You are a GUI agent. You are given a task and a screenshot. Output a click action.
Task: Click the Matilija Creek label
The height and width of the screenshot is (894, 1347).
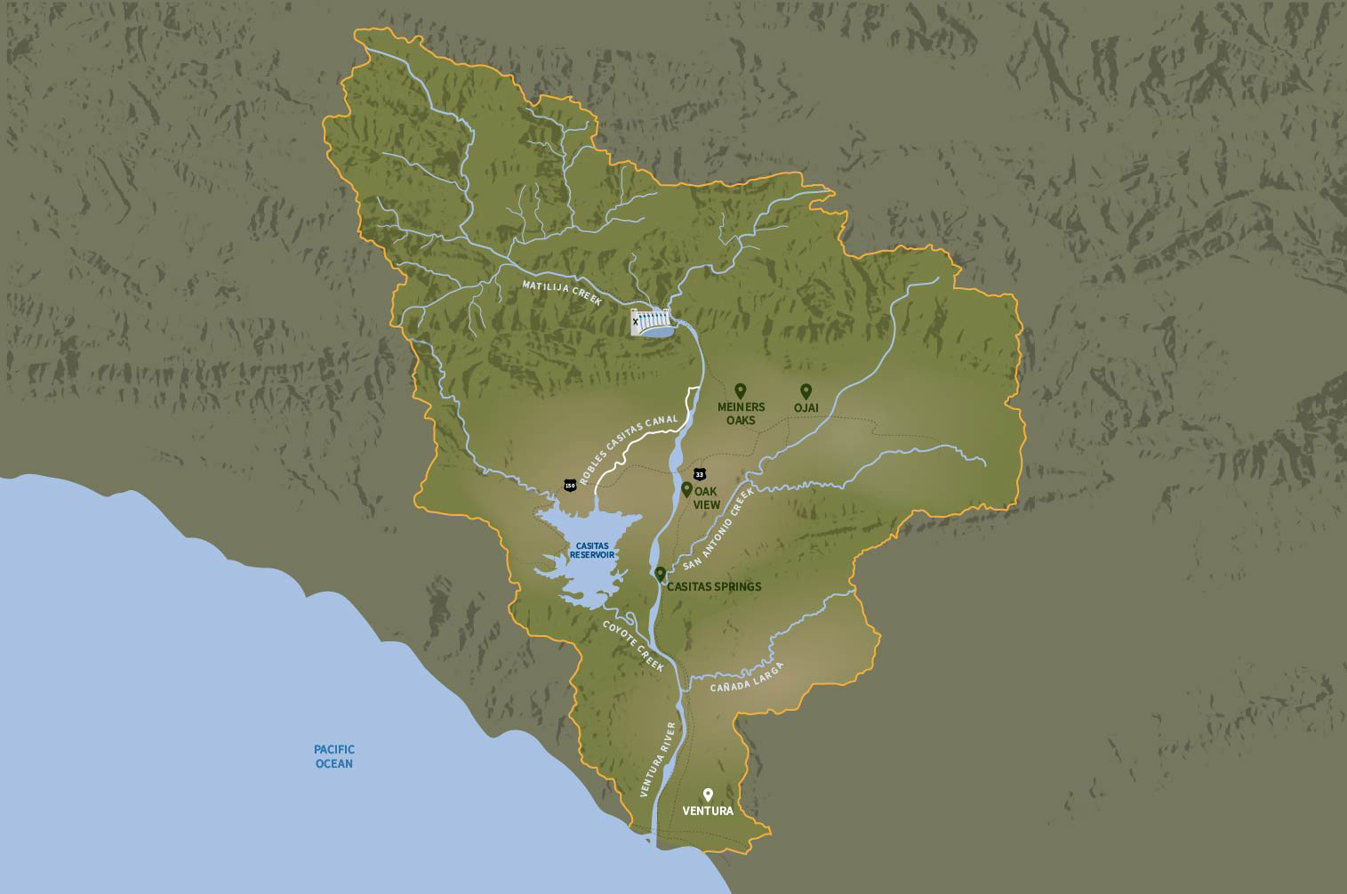pos(562,290)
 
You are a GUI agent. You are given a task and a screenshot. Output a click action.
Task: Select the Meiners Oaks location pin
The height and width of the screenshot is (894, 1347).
pos(740,391)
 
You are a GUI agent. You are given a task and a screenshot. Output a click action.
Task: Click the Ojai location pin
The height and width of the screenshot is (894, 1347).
pos(806,391)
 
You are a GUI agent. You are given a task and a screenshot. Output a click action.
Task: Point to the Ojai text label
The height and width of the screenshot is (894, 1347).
pos(806,408)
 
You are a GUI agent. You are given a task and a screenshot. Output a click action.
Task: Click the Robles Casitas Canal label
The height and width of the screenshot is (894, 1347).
pos(628,448)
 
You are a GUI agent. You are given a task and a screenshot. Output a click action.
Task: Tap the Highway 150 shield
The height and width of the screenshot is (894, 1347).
pos(570,485)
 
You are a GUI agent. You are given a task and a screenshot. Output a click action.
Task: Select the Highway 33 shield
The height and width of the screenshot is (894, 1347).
pos(700,473)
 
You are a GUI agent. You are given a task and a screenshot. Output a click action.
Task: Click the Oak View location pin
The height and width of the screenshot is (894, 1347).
pos(686,489)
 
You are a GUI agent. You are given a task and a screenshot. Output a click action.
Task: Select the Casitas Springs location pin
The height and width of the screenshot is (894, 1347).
pos(660,575)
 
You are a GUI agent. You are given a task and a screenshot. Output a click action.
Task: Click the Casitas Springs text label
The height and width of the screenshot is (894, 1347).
pos(714,587)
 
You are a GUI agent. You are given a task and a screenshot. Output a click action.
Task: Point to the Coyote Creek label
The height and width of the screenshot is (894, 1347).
pos(633,646)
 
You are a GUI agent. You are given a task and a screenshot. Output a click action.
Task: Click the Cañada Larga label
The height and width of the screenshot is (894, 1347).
pos(748,677)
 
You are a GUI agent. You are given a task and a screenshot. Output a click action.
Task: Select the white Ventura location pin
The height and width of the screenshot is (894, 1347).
pos(708,794)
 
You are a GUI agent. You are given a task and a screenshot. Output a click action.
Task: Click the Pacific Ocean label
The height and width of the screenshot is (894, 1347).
pos(334,756)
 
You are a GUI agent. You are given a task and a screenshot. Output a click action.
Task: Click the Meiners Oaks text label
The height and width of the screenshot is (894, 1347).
pos(741,414)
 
